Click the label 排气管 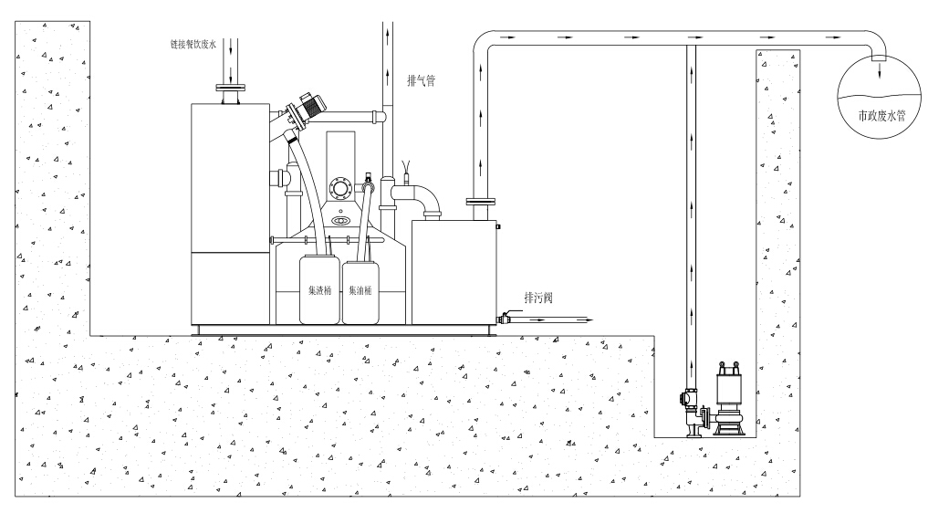click(421, 79)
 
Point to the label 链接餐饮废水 click(193, 44)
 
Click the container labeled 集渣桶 click(319, 291)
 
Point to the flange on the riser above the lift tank click(480, 201)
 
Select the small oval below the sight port click(341, 221)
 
